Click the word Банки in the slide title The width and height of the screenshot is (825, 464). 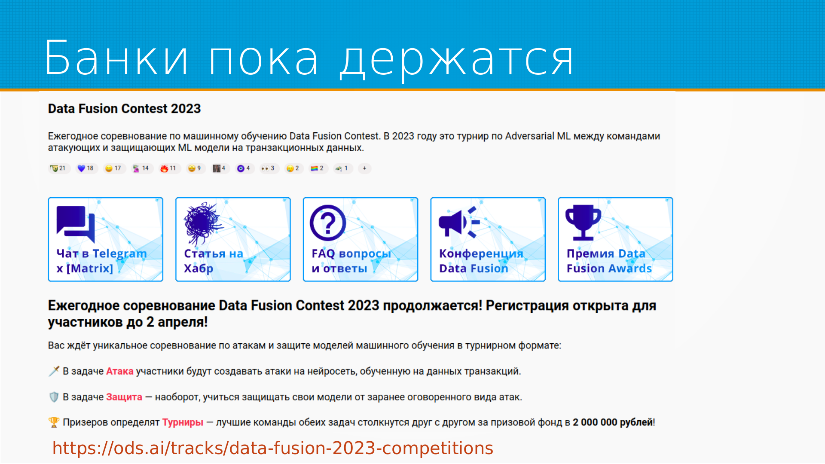pyautogui.click(x=116, y=58)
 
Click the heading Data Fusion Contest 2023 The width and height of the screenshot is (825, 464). pyautogui.click(x=124, y=109)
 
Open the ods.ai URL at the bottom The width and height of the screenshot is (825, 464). pyautogui.click(x=273, y=448)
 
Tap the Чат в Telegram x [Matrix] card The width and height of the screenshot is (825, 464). pyautogui.click(x=106, y=239)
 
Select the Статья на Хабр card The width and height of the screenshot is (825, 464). pyautogui.click(x=233, y=239)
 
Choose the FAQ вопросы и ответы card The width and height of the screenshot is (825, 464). pyautogui.click(x=361, y=239)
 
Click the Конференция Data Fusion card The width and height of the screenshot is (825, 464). pyautogui.click(x=488, y=239)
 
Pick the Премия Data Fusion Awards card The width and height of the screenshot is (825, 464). pyautogui.click(x=615, y=239)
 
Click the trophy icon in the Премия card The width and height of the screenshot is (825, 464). pyautogui.click(x=583, y=222)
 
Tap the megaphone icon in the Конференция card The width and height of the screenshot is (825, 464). pyautogui.click(x=459, y=222)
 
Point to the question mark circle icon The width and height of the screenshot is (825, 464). pyautogui.click(x=328, y=223)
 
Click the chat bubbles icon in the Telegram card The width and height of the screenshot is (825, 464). pyautogui.click(x=76, y=224)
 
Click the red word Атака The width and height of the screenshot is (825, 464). pyautogui.click(x=120, y=371)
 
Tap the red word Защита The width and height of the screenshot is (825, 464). pyautogui.click(x=124, y=397)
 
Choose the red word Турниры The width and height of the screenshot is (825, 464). pyautogui.click(x=183, y=422)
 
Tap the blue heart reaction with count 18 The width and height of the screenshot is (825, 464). pyautogui.click(x=86, y=168)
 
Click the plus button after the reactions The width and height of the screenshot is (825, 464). pyautogui.click(x=364, y=168)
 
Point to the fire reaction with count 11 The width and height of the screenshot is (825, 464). pyautogui.click(x=168, y=168)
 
